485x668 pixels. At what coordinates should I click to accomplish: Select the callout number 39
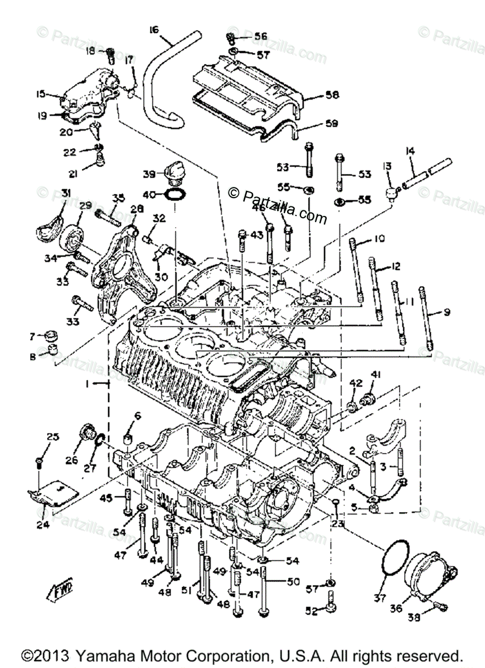pyautogui.click(x=148, y=174)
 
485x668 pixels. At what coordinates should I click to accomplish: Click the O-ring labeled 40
pyautogui.click(x=174, y=195)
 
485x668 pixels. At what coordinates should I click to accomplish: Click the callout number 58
pyautogui.click(x=333, y=96)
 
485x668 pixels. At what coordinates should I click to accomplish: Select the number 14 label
pyautogui.click(x=411, y=150)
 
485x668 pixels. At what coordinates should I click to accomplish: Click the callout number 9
pyautogui.click(x=446, y=312)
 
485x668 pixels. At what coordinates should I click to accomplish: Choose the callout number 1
pyautogui.click(x=88, y=384)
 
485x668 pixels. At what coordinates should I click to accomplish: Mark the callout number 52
pyautogui.click(x=311, y=611)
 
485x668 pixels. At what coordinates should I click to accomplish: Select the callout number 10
pyautogui.click(x=379, y=239)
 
